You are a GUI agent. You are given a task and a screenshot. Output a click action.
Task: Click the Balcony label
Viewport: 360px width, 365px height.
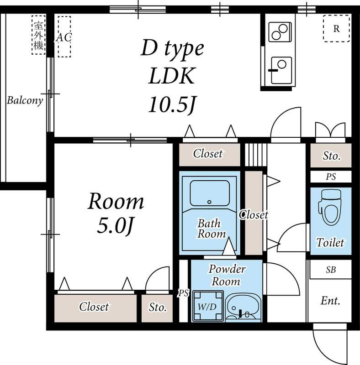point(25,100)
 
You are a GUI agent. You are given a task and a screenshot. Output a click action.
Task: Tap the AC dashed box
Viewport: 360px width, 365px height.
point(64,36)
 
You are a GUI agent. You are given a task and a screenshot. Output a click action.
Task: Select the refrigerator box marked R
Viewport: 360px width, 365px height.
point(336,28)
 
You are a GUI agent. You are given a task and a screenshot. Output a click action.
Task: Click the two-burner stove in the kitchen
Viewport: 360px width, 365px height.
point(280,32)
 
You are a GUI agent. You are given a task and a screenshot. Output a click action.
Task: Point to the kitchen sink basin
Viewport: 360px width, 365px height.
point(281,70)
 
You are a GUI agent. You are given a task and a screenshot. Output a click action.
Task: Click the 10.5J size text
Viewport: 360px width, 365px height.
point(172,104)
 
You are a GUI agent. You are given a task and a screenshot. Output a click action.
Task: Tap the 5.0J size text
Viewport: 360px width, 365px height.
point(115,226)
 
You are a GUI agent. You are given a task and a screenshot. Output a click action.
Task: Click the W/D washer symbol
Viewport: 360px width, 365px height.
point(207,306)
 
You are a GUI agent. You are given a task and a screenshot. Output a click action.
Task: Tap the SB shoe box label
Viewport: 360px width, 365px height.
point(331,270)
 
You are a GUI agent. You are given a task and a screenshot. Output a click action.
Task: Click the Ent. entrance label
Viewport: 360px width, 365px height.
point(330,301)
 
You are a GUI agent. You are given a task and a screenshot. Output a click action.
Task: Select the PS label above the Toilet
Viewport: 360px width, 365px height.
point(331,177)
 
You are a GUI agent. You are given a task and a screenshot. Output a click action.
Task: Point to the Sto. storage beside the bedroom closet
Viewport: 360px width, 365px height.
point(157,308)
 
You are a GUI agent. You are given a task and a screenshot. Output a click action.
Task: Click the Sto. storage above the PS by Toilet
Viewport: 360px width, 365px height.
point(331,156)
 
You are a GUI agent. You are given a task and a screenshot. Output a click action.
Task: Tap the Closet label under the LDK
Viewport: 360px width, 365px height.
point(208,154)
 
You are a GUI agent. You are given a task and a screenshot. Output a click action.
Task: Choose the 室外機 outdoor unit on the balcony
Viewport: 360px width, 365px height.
point(38,35)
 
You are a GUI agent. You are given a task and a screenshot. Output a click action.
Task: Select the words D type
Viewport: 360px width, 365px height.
point(172,48)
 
